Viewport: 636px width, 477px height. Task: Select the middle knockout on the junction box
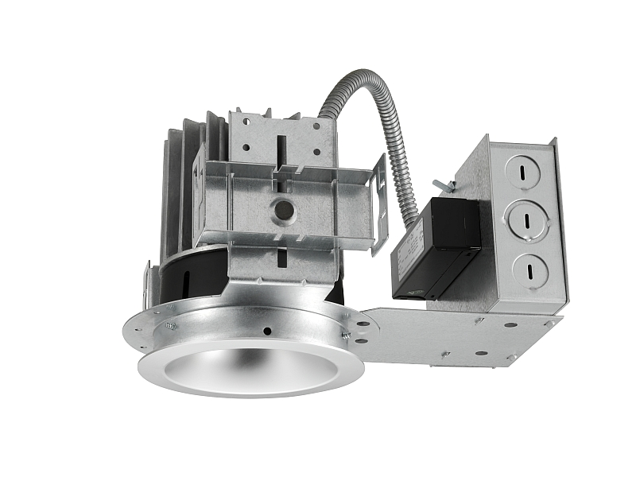click(525, 222)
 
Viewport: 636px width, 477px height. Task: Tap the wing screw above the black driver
click(448, 188)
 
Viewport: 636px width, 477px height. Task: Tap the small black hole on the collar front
click(269, 331)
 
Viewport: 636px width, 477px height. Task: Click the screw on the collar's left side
click(170, 325)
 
